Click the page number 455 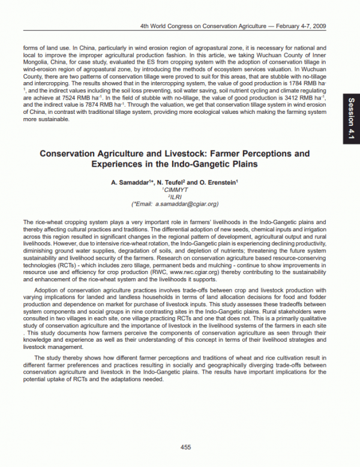pyautogui.click(x=185, y=447)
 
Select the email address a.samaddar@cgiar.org pyautogui.click(x=191, y=204)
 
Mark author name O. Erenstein pyautogui.click(x=218, y=182)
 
